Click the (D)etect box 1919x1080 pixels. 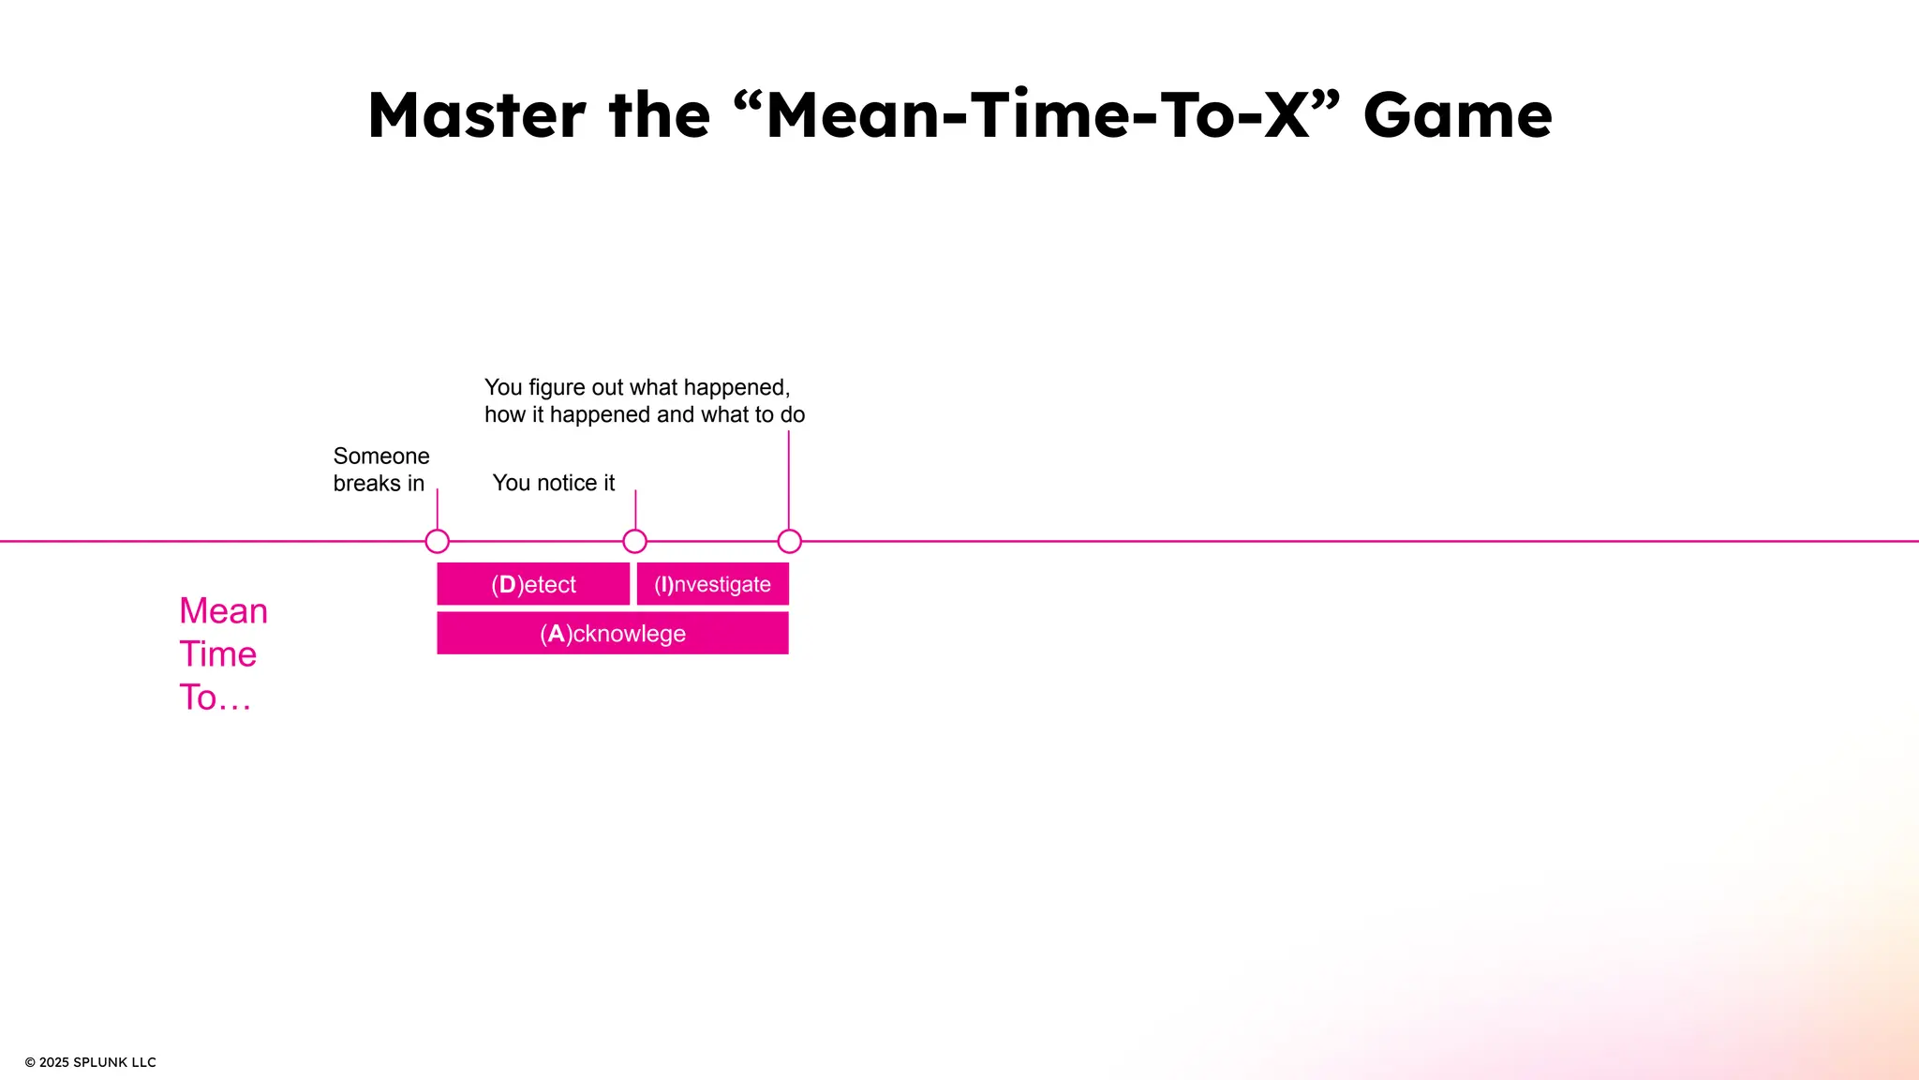[x=533, y=584]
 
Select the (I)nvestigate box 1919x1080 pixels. [x=712, y=584]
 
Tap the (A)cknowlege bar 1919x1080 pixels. [x=613, y=634]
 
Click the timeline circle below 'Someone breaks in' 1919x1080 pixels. [x=437, y=541]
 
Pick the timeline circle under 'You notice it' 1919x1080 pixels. [x=634, y=541]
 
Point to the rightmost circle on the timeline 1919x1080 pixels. [x=789, y=541]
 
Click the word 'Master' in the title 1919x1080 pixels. [x=476, y=115]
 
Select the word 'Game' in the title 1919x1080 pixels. [x=1457, y=115]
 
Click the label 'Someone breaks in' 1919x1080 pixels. [x=380, y=469]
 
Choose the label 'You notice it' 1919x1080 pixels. [x=553, y=483]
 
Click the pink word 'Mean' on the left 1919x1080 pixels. [x=223, y=611]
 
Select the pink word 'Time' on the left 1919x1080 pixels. [x=217, y=654]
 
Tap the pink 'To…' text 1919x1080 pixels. [x=215, y=697]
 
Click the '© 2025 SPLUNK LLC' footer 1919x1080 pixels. [x=90, y=1062]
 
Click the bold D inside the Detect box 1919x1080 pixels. [x=507, y=584]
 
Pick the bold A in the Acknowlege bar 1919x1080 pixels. [x=556, y=634]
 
